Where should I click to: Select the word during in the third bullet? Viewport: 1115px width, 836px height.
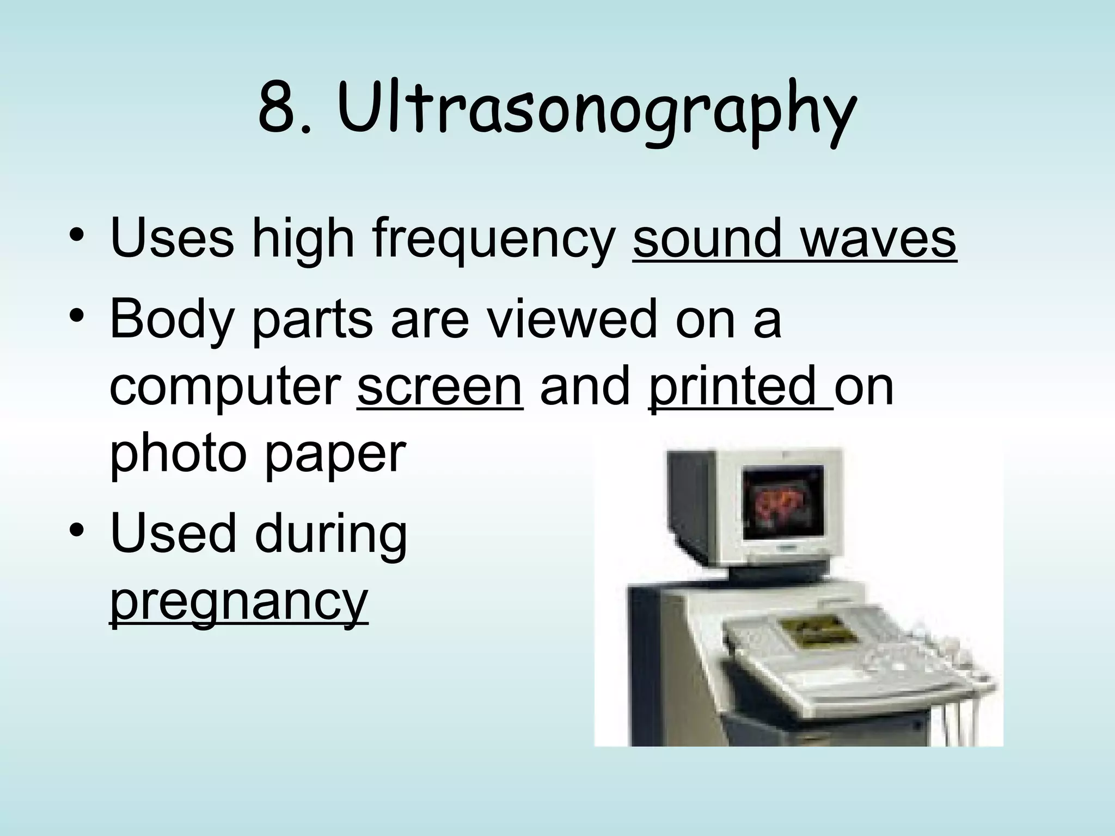[x=330, y=536]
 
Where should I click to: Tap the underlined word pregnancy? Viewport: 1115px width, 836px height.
[x=239, y=604]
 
